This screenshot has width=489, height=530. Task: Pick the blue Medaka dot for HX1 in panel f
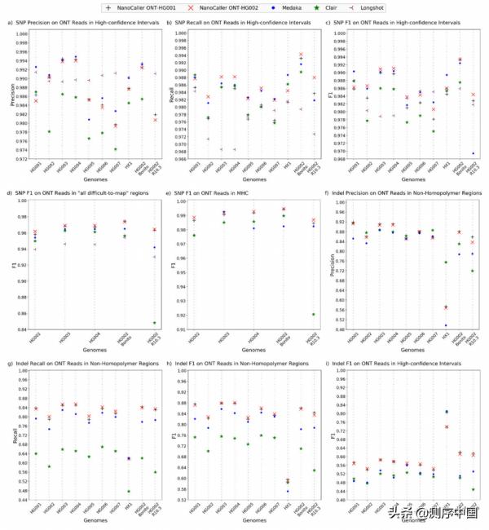446,325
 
